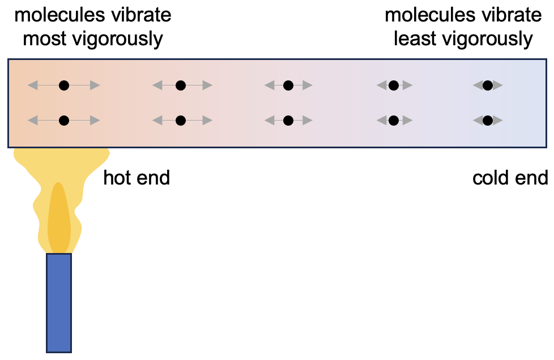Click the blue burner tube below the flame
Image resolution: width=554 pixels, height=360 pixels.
59,303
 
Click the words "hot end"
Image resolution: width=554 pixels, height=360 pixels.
137,178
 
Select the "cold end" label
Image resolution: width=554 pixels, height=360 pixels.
510,178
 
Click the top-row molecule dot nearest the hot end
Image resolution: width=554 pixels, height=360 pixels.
64,85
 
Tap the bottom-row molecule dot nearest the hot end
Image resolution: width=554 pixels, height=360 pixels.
64,120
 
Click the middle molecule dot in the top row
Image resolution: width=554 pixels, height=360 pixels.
288,85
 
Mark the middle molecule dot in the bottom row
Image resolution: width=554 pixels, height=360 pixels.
288,120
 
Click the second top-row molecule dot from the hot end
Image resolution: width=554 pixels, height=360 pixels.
181,85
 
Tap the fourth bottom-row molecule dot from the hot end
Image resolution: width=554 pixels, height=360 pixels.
393,120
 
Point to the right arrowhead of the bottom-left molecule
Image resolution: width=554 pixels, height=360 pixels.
95,120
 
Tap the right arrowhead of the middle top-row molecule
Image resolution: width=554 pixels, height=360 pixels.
306,85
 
